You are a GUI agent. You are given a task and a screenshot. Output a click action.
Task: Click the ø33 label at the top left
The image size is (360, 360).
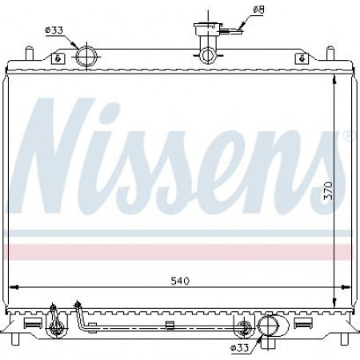coord(54,30)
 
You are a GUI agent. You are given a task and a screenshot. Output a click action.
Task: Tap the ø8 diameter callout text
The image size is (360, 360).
coord(258,10)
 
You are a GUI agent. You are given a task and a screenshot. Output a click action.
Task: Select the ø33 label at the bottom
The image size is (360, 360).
coord(240,347)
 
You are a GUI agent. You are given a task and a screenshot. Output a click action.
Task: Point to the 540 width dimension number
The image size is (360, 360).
coord(180,281)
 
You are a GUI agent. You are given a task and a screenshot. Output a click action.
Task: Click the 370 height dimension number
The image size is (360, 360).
coord(329,190)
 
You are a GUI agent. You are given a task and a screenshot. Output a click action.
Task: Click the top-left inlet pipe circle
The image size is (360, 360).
coord(86,56)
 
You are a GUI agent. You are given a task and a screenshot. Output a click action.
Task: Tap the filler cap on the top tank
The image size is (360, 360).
coord(208,29)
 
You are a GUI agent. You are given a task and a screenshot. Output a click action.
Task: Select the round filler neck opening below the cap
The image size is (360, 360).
coord(208,55)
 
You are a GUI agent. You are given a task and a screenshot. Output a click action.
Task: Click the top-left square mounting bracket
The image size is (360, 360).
coord(58,58)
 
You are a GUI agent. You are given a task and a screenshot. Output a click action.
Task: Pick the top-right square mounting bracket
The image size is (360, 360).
coord(302,58)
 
